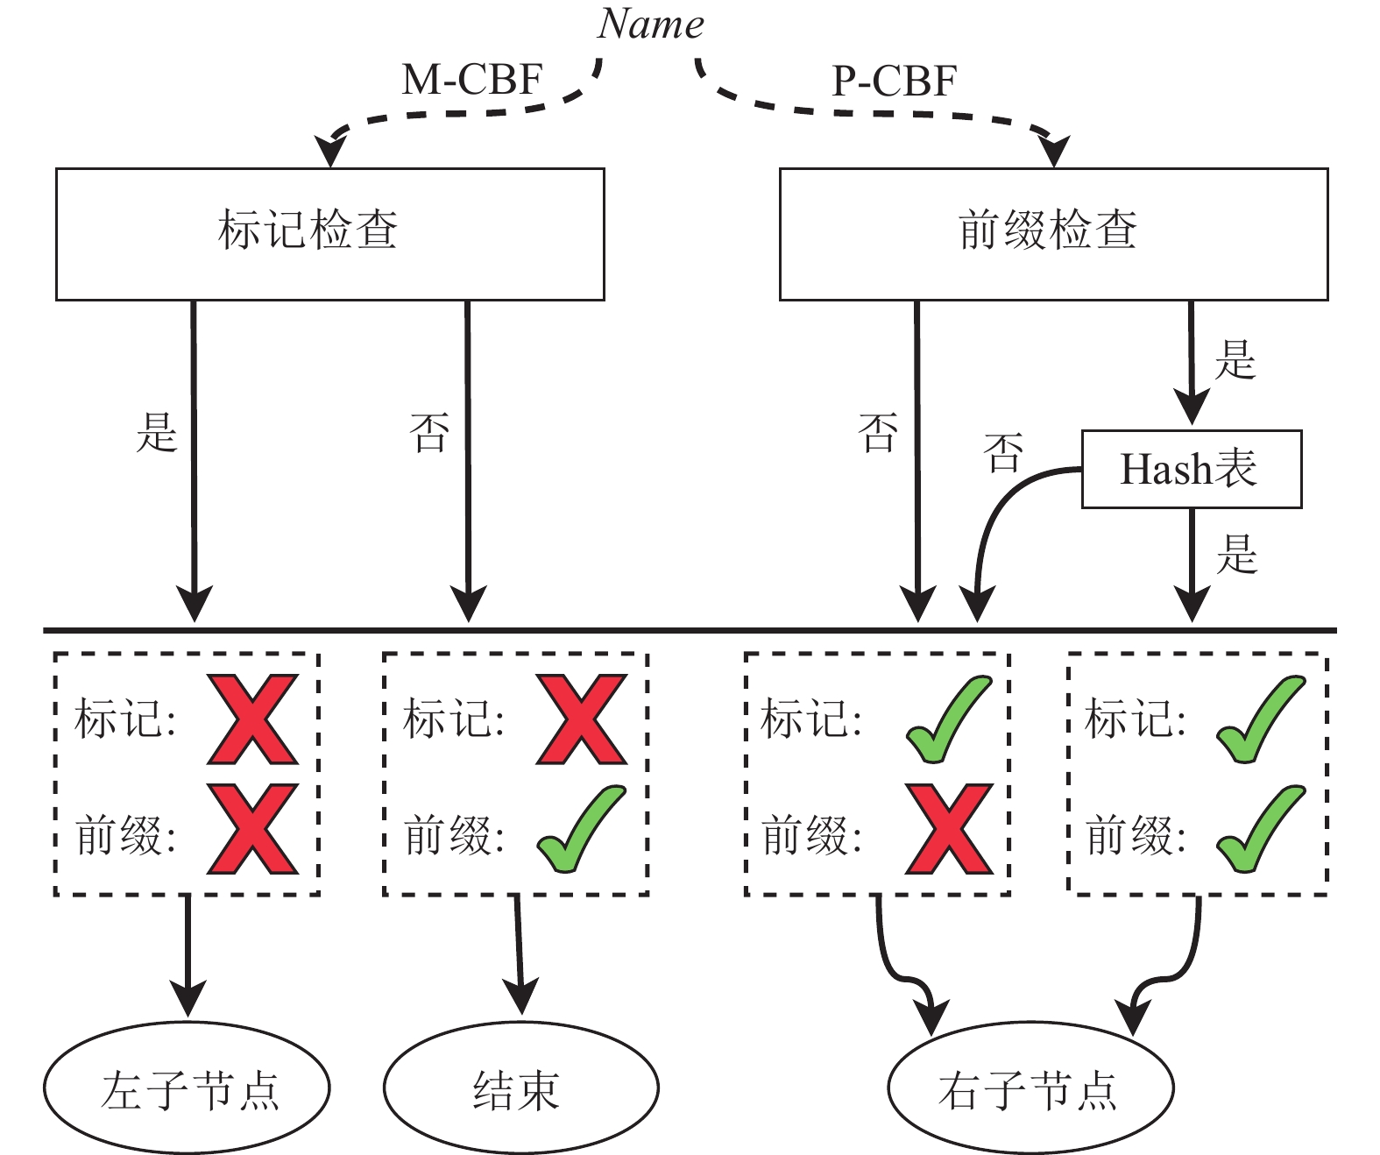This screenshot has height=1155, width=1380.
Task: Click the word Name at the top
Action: click(x=650, y=25)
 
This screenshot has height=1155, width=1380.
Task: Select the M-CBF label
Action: click(x=472, y=81)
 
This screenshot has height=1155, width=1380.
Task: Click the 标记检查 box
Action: click(x=329, y=234)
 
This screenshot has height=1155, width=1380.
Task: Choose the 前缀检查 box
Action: click(x=1053, y=234)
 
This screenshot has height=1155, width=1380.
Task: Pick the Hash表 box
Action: click(x=1191, y=469)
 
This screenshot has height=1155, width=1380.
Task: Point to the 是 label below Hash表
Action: click(x=1236, y=555)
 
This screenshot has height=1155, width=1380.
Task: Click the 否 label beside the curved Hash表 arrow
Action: click(x=1002, y=453)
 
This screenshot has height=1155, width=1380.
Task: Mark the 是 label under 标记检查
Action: click(x=157, y=433)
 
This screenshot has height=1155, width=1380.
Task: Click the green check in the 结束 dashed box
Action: click(x=581, y=829)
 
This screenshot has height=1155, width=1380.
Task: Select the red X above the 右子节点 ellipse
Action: click(x=950, y=829)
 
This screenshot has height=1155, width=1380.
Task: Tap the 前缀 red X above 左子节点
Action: click(x=253, y=829)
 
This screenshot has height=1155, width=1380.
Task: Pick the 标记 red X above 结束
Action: click(x=582, y=719)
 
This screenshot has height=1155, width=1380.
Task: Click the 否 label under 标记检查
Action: click(x=429, y=433)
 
